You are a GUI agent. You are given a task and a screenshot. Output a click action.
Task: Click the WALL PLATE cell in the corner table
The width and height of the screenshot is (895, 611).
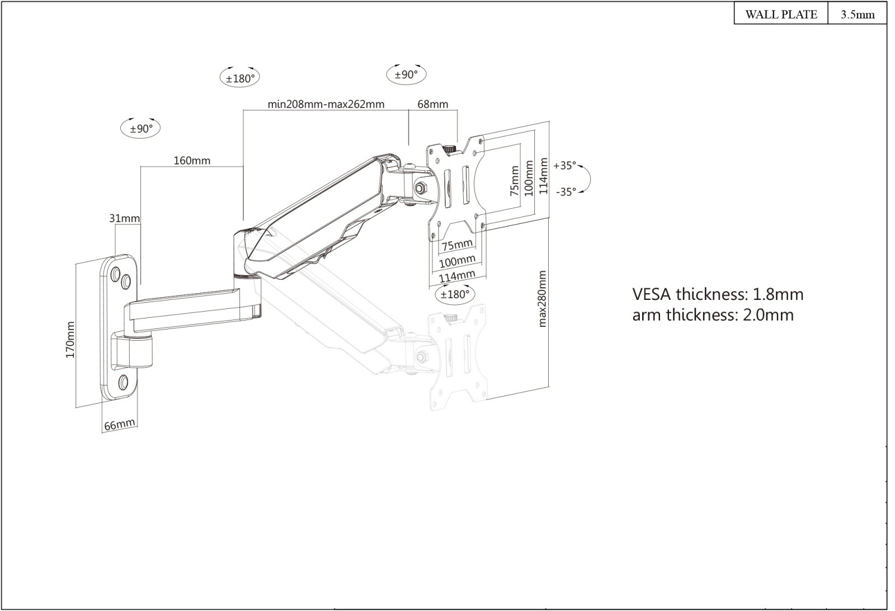click(x=781, y=15)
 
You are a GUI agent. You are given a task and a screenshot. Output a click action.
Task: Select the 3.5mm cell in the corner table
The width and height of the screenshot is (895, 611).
click(x=858, y=15)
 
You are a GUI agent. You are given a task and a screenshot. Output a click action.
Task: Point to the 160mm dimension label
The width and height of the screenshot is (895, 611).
click(x=192, y=161)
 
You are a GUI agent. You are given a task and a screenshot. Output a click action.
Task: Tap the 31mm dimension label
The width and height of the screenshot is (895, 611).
click(x=124, y=218)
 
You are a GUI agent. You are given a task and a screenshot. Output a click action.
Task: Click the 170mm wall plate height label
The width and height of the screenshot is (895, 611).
click(x=70, y=340)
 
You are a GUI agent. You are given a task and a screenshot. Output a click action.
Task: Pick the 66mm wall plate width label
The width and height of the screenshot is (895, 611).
click(x=119, y=425)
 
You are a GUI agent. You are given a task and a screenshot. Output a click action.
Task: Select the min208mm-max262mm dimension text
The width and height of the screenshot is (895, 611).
click(x=326, y=104)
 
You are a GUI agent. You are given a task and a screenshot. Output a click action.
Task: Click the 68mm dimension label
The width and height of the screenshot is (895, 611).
click(x=433, y=104)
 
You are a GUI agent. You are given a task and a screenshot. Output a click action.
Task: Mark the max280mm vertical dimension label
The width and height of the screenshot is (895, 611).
click(x=541, y=299)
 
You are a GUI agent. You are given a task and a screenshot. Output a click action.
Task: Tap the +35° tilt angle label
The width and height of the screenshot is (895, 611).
click(x=564, y=166)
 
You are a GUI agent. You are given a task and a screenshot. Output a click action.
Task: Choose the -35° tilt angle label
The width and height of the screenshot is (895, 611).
click(x=566, y=191)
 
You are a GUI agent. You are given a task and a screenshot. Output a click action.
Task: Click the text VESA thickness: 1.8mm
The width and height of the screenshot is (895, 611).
click(x=718, y=294)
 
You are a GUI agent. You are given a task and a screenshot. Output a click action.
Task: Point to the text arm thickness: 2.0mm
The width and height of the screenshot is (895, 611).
click(x=713, y=315)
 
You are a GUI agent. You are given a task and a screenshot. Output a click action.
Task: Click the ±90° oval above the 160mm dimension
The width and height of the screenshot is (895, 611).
click(x=141, y=128)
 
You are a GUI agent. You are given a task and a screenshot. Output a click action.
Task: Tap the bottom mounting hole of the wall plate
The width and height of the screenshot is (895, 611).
click(x=124, y=383)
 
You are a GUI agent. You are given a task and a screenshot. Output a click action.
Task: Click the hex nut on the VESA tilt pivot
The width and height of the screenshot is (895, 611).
click(x=421, y=187)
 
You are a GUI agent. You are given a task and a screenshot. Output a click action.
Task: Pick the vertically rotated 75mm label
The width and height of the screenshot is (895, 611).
click(x=515, y=180)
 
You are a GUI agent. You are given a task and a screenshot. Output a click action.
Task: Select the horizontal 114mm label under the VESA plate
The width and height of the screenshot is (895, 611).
click(x=457, y=276)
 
